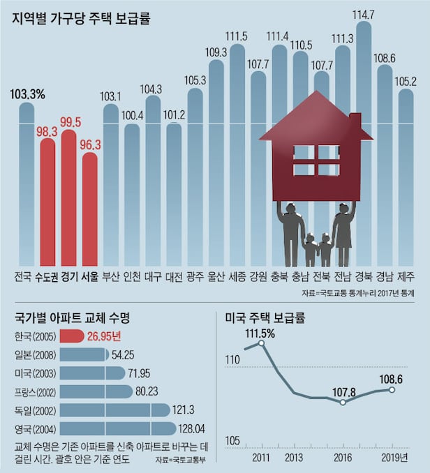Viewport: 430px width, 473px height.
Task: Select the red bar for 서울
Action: tap(90, 209)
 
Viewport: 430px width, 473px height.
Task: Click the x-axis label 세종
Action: tap(237, 276)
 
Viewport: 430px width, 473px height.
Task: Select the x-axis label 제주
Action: tap(406, 276)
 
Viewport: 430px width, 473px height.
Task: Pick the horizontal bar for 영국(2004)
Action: tap(118, 428)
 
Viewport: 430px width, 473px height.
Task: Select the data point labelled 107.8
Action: tap(343, 403)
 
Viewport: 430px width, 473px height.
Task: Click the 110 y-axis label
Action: tap(232, 360)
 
